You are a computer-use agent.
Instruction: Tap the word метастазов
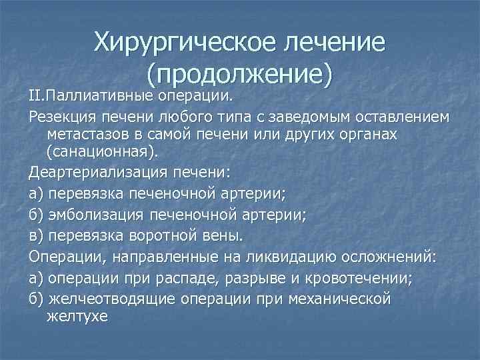click(x=88, y=135)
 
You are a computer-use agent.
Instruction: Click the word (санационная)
click(x=103, y=154)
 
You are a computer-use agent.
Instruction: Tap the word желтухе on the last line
click(x=77, y=317)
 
